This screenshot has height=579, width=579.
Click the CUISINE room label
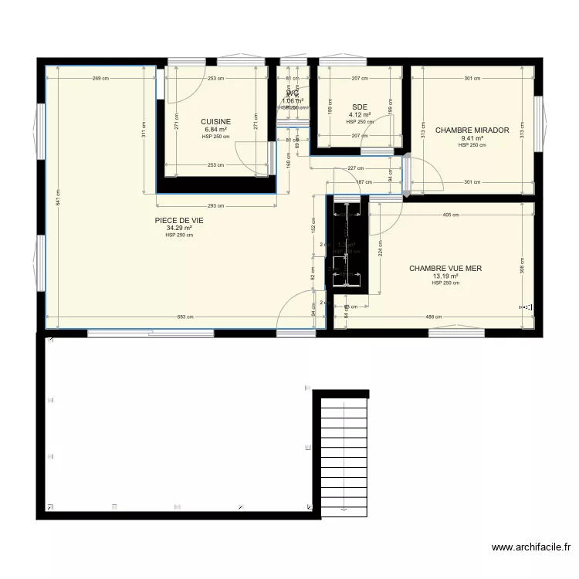pos(215,122)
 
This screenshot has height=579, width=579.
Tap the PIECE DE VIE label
pos(178,220)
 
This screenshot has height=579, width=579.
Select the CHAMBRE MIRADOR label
pos(472,130)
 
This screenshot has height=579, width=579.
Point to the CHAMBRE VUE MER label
pos(445,269)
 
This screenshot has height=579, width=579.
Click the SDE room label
pos(359,107)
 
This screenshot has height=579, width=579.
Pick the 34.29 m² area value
pos(178,228)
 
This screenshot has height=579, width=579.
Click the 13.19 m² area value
pos(445,276)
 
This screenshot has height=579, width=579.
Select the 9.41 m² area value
pos(472,138)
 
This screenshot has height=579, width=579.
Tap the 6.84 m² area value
pos(215,130)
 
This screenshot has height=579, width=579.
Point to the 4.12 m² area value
pos(359,115)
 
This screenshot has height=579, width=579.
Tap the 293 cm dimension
pos(216,206)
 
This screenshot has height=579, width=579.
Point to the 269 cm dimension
pos(98,79)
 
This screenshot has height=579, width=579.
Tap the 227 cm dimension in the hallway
pos(355,169)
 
